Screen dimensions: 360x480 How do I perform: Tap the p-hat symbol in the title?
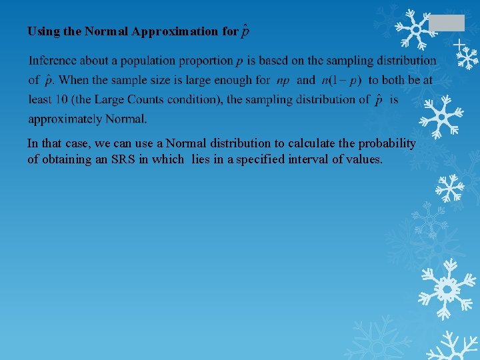(245, 31)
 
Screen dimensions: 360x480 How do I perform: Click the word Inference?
(53, 61)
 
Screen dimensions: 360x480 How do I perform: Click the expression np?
(283, 81)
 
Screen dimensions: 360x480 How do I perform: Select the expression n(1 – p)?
(341, 81)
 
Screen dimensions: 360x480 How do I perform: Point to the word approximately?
(64, 120)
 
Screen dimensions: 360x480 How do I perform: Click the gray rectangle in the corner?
(446, 23)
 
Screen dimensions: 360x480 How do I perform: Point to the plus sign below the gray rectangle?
(459, 45)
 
